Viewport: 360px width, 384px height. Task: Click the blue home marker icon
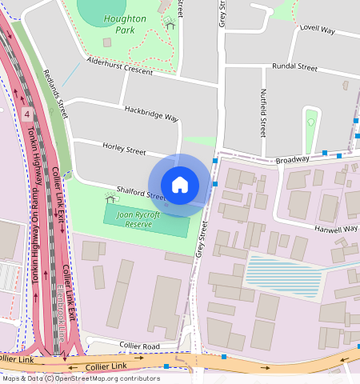(x=180, y=185)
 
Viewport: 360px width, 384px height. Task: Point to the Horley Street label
(x=124, y=149)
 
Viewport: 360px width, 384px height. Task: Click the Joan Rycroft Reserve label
(x=138, y=220)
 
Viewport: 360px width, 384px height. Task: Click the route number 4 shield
(x=27, y=114)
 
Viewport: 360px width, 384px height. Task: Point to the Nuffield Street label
(x=262, y=112)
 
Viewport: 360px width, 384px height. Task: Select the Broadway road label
(x=292, y=160)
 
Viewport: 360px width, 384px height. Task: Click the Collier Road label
(x=139, y=346)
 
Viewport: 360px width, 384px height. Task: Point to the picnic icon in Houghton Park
(x=170, y=24)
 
